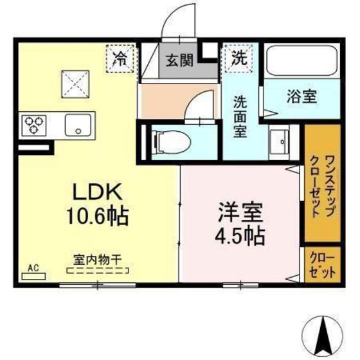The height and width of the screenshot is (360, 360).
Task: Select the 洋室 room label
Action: pos(239,213)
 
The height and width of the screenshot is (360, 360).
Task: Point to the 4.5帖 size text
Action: pos(239,234)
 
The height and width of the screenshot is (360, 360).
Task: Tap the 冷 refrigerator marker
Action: pos(120,58)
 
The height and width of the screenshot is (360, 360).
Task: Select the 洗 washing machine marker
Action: pos(239,58)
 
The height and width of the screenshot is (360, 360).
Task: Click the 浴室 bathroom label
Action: pos(300,97)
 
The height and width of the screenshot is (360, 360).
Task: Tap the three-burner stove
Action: pos(33,124)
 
